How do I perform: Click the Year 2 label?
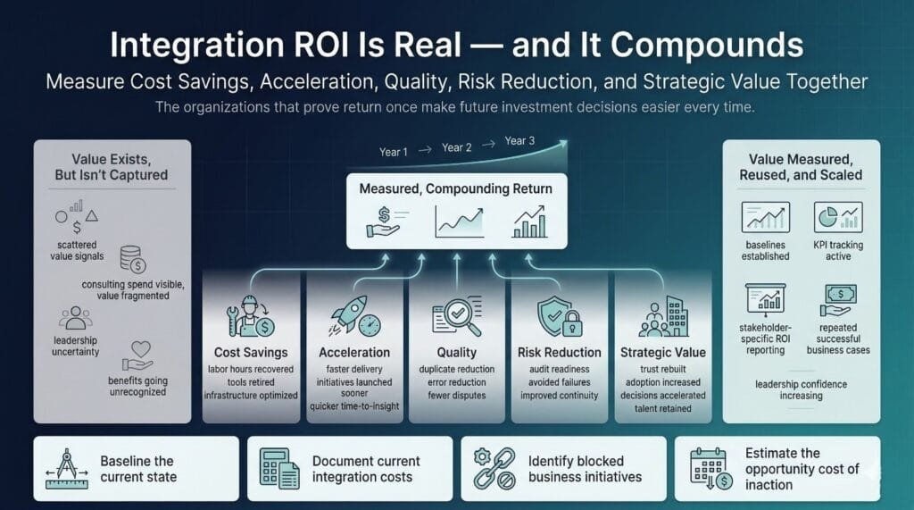point(456,148)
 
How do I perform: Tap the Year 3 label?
point(520,141)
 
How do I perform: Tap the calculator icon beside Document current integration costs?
point(279,468)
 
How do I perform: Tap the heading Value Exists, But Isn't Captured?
point(112,167)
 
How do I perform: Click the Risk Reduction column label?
point(560,352)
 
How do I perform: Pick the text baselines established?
point(765,250)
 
